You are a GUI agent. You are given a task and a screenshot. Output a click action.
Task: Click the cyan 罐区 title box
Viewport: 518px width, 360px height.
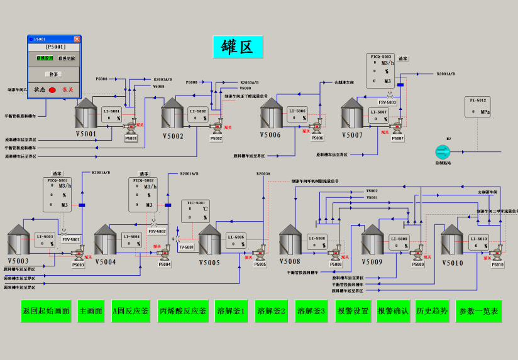[238, 46]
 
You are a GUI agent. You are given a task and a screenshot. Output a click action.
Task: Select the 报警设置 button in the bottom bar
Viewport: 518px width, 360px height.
[353, 311]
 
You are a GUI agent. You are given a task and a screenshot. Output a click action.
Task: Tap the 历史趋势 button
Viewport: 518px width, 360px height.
[431, 311]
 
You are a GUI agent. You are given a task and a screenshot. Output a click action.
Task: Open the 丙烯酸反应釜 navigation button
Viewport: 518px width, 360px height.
[182, 311]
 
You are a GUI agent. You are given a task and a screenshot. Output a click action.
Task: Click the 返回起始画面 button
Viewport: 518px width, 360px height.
[46, 311]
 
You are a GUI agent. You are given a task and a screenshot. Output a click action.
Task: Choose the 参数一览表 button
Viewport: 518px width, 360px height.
[478, 311]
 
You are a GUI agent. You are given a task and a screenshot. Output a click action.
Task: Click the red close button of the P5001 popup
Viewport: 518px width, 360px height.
[77, 39]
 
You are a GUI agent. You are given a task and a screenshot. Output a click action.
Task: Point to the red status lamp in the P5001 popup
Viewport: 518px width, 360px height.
[52, 90]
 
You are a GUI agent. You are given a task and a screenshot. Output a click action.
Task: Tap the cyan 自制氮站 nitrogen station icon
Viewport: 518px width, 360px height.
[443, 151]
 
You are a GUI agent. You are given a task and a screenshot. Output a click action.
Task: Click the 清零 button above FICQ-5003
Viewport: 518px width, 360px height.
[403, 58]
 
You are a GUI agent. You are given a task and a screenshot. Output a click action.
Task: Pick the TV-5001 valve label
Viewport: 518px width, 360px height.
[187, 247]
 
